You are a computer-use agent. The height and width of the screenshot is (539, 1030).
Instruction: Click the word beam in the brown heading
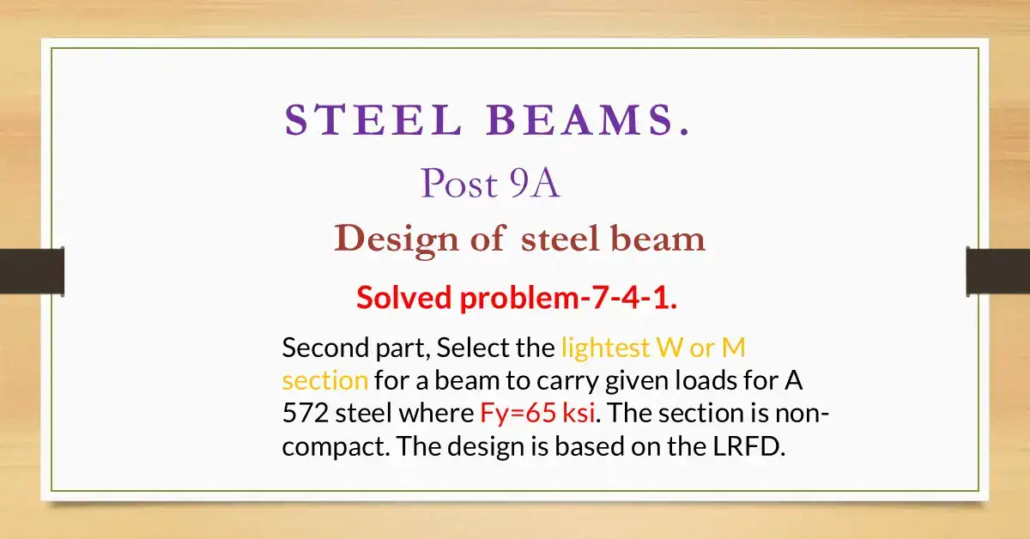pos(657,239)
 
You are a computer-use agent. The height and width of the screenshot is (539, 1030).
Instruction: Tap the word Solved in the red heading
pos(404,297)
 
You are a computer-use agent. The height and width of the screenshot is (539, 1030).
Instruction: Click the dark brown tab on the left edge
pos(32,271)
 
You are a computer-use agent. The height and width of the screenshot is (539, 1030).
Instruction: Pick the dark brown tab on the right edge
pos(997,271)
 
